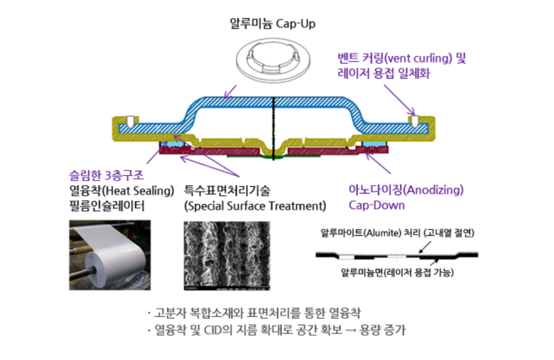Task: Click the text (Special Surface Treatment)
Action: (255, 206)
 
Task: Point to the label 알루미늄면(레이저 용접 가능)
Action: (397, 273)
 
